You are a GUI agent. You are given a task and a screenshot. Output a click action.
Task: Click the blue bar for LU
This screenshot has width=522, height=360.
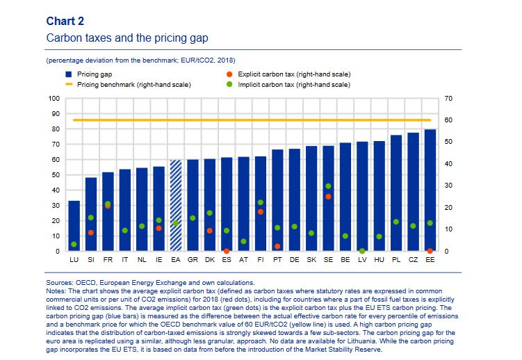click(x=74, y=226)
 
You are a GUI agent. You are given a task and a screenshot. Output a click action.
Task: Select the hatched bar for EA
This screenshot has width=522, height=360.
click(x=176, y=205)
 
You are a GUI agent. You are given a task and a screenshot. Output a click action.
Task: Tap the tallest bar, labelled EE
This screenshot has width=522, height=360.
click(x=430, y=190)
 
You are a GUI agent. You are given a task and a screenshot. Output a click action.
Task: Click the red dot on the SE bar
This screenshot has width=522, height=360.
click(x=328, y=197)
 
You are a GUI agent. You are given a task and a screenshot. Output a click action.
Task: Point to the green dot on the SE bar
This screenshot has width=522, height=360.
click(x=328, y=186)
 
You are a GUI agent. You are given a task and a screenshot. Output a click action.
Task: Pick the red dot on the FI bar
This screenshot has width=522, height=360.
click(x=261, y=212)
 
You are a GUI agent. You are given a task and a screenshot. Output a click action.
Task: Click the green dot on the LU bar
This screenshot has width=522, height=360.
click(x=74, y=244)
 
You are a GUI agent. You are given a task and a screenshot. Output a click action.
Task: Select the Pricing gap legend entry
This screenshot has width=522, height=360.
click(x=90, y=73)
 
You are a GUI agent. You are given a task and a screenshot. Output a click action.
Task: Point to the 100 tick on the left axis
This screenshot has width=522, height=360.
click(x=54, y=99)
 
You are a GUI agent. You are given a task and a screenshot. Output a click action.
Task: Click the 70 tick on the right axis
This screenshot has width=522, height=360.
click(x=448, y=99)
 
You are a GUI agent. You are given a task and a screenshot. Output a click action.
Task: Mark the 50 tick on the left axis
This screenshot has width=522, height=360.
click(x=56, y=175)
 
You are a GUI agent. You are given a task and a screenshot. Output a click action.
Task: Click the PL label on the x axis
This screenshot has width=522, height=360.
click(x=395, y=259)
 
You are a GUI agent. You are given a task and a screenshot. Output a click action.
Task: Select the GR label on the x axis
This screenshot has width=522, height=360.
click(x=193, y=259)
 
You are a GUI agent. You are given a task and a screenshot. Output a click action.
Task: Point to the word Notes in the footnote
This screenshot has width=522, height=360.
click(x=58, y=290)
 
